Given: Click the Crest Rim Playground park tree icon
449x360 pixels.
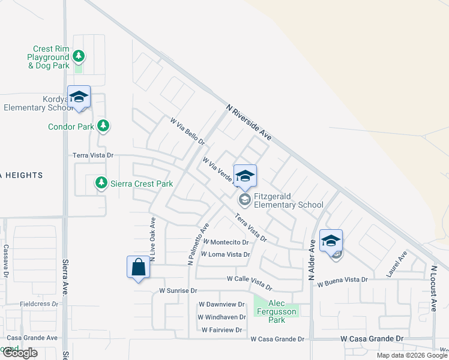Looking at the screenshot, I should pos(78,56).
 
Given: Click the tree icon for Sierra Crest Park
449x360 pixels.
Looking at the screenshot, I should pos(101,182).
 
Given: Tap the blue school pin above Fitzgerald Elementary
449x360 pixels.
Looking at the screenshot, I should pos(245,176).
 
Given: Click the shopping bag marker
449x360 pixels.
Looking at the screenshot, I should pos(138,267).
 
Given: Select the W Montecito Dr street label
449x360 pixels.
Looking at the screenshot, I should pos(226,242).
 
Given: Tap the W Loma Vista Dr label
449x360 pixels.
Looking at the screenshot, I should pos(224,254).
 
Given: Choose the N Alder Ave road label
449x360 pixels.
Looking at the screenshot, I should pos(312,260).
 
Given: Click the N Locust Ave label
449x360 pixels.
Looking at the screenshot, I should pos(433,288).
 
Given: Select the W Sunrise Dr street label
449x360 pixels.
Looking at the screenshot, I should pos(178,290).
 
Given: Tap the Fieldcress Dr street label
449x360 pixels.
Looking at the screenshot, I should pos(38,304).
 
